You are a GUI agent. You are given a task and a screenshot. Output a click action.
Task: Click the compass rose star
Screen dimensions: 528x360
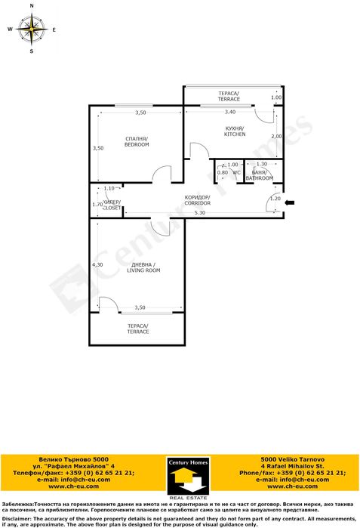(x=32, y=29)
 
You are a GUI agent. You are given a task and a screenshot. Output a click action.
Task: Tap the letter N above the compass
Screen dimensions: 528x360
(x=32, y=6)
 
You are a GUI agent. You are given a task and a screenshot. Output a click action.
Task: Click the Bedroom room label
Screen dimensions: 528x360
(x=137, y=141)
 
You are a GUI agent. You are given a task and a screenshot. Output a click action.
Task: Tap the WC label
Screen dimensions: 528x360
(x=236, y=172)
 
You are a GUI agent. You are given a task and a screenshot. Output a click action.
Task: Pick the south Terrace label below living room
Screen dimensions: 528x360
(x=137, y=329)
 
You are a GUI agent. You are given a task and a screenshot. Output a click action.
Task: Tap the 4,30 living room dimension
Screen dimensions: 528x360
(x=97, y=264)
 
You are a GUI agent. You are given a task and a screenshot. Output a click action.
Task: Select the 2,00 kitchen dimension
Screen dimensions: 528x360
(x=276, y=136)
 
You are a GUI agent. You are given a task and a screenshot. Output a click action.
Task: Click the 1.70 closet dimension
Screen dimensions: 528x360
(x=97, y=204)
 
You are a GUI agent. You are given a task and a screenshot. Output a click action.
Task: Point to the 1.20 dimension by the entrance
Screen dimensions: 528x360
(x=275, y=198)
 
